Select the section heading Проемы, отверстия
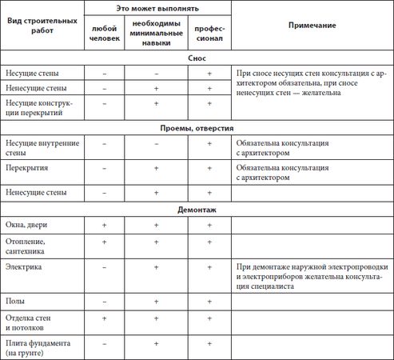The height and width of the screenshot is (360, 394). pos(197,127)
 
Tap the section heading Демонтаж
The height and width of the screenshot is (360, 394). pos(197,210)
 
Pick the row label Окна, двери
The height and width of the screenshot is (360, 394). pos(26,226)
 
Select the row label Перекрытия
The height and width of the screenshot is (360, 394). pos(29,170)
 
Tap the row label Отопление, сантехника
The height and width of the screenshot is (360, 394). pos(28,245)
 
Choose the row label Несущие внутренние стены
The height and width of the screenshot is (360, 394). pos(37,147)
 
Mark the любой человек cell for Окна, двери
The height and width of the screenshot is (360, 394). pos(104,226)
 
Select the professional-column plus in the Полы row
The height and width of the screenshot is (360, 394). pos(209,302)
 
